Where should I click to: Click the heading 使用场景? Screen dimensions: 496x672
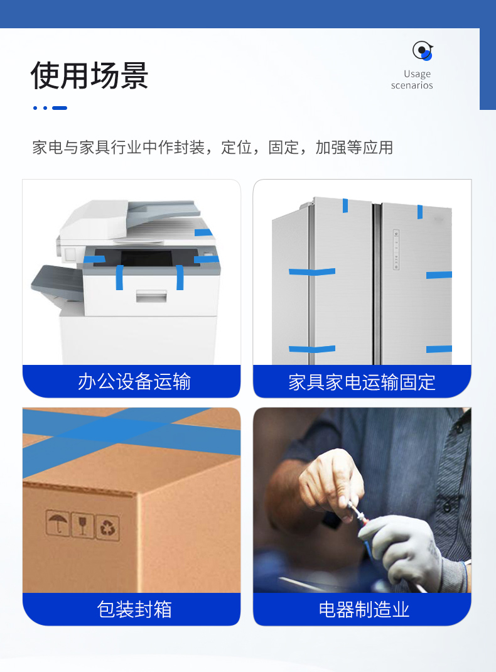click(89, 75)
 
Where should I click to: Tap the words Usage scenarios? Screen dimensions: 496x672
click(412, 80)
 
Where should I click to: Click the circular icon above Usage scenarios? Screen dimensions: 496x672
click(423, 51)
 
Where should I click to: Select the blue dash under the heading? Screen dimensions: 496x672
click(60, 108)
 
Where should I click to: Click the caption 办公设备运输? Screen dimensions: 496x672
click(134, 381)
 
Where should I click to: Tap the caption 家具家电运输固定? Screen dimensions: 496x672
click(362, 382)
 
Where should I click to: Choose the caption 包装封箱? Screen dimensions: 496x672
click(134, 609)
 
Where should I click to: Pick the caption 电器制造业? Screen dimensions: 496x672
click(364, 609)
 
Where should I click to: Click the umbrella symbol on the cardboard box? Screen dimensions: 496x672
click(57, 523)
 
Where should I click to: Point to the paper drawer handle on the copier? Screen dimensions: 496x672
click(151, 296)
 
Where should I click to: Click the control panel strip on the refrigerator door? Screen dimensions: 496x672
click(396, 249)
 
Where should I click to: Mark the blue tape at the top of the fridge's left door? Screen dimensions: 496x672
click(345, 205)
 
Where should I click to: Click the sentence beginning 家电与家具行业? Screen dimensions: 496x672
click(212, 148)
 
